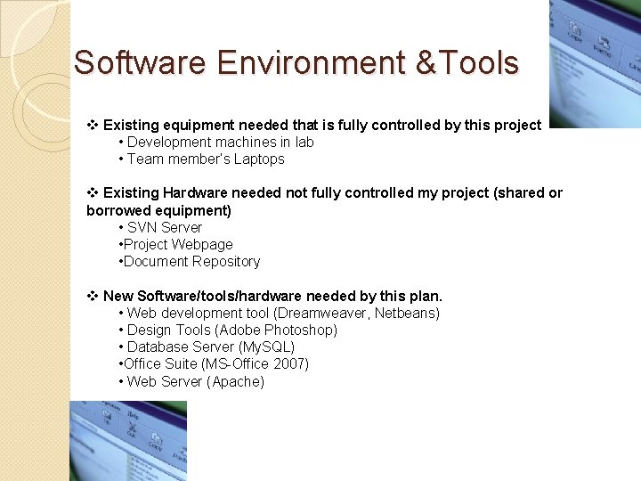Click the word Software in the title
pos(140,63)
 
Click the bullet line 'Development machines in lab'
pos(220,143)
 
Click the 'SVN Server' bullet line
pos(164,227)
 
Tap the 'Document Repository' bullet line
pos(191,262)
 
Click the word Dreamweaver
pos(321,314)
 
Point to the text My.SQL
pos(265,347)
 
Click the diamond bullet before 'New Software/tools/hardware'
pos(92,296)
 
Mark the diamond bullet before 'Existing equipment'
pos(92,126)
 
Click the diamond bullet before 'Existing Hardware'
pos(92,193)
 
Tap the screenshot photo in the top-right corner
pos(595,62)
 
